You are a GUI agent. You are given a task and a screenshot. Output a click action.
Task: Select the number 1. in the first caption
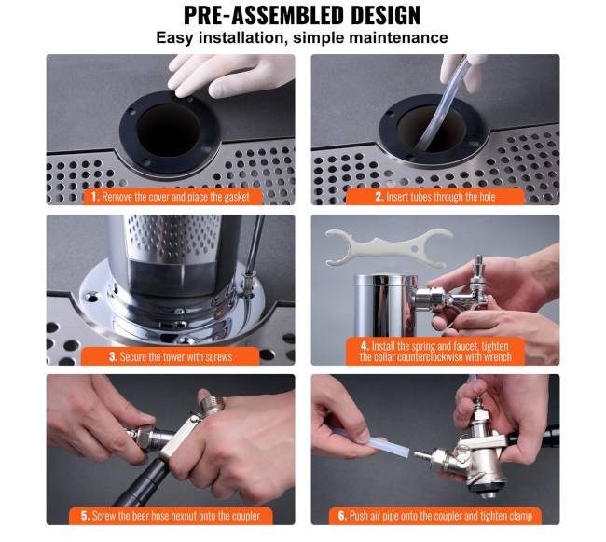coord(95,197)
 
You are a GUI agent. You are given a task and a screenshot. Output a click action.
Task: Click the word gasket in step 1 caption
coord(237,197)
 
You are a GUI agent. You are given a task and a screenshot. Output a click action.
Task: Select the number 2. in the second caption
coord(379,197)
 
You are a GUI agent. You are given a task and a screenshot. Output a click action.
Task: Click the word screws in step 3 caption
coord(218,356)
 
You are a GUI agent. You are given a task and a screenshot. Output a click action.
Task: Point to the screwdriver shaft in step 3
coord(255,244)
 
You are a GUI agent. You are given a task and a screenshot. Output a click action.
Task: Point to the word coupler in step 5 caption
coord(246,516)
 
